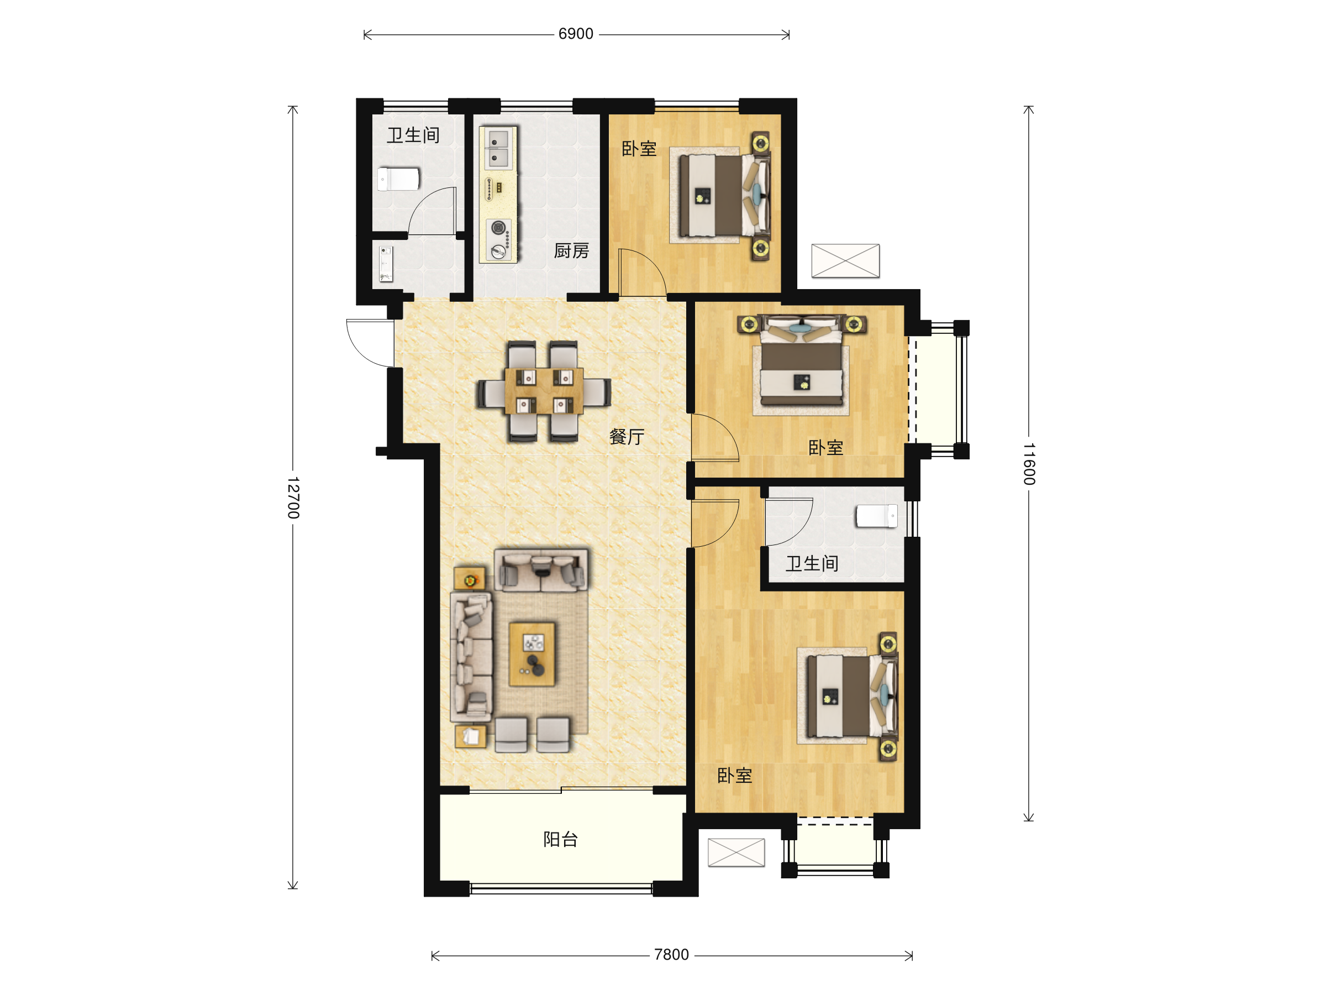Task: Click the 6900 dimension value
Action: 576,34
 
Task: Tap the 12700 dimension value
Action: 292,498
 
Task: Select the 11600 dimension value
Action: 1029,464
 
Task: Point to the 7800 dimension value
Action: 671,955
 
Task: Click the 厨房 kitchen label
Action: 571,251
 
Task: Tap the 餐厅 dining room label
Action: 627,437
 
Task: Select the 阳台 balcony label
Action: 560,839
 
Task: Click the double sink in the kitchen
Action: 498,148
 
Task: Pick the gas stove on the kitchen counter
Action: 498,240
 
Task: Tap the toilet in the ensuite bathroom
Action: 876,516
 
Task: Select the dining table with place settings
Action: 544,391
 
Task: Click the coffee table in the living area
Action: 532,654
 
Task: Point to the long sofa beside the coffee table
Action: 472,657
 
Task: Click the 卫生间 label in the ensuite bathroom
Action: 812,563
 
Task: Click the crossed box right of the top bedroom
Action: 845,261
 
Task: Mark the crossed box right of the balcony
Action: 736,852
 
